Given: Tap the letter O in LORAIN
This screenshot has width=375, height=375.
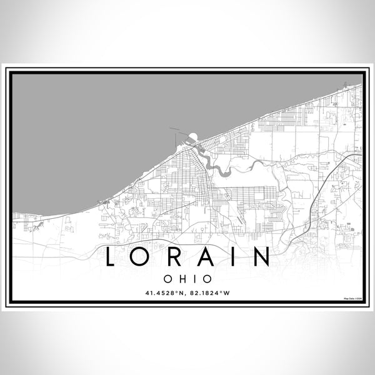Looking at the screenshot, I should click(146, 257).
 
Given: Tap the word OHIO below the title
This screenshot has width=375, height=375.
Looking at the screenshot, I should click(187, 277).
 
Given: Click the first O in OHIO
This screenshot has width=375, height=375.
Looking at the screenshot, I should click(168, 277).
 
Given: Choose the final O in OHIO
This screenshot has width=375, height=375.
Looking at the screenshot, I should click(206, 277).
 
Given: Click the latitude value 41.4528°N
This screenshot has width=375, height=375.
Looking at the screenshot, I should click(163, 292).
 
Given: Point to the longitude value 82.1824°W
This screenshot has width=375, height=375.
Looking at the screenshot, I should click(212, 292).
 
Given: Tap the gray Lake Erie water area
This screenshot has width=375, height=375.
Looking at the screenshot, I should click(94, 125).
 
